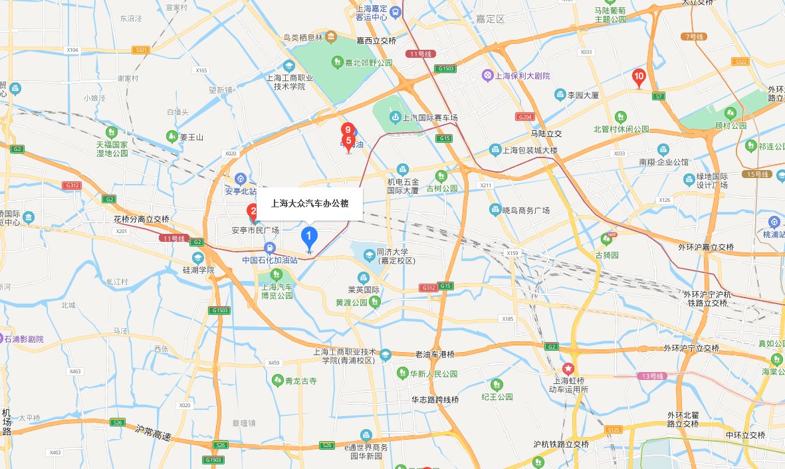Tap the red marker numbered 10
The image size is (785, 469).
(x=639, y=78)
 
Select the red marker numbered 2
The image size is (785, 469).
(x=253, y=213)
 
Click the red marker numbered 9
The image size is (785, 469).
(x=346, y=130)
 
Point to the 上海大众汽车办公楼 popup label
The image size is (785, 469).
(x=310, y=203)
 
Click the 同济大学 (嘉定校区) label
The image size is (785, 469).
(x=396, y=256)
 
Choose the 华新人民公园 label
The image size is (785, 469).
(x=433, y=374)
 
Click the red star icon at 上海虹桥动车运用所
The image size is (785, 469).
(x=568, y=368)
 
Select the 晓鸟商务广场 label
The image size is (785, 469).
(x=526, y=210)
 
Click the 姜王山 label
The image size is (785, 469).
(x=191, y=138)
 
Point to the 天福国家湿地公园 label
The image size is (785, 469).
(x=111, y=148)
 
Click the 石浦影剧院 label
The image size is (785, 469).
(x=24, y=339)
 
